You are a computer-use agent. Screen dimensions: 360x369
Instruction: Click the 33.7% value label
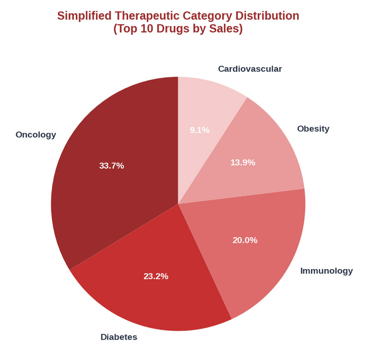coord(112,165)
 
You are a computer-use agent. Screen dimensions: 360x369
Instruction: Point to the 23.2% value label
coord(156,276)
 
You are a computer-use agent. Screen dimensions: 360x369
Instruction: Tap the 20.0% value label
coord(245,240)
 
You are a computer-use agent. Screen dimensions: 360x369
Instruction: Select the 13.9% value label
coord(243,162)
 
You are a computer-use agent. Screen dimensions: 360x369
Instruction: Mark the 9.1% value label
coord(200,130)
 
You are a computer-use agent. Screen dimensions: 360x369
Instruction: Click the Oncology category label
coord(36,135)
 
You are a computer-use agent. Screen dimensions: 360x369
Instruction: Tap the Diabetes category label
coord(119,337)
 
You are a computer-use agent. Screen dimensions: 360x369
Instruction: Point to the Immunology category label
coord(327,271)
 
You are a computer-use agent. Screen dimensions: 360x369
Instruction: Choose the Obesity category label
coord(313,129)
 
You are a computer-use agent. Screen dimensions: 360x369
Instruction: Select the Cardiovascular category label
coord(250,69)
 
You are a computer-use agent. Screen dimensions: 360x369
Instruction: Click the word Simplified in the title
coord(83,16)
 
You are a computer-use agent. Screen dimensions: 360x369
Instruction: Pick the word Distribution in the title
coord(266,16)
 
